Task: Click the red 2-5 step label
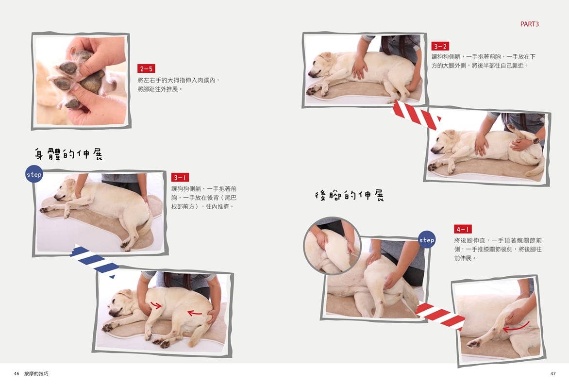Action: point(146,68)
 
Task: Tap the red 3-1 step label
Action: point(180,177)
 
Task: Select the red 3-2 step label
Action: point(440,46)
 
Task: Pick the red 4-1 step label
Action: point(463,229)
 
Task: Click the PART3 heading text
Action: point(530,24)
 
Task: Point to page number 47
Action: point(553,373)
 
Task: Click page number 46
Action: point(17,373)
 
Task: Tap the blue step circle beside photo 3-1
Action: point(34,174)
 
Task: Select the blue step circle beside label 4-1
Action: point(427,239)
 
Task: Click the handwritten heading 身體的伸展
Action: point(68,154)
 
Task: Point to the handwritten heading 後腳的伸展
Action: point(349,195)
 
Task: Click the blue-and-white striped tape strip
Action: point(94,260)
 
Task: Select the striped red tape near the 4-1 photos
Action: point(440,315)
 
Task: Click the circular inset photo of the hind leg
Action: point(332,246)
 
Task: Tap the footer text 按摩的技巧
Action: point(36,373)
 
